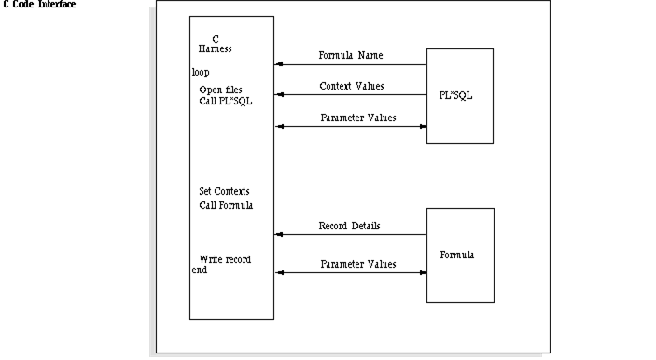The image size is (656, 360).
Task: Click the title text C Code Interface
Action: tap(39, 5)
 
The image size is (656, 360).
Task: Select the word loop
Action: tap(201, 71)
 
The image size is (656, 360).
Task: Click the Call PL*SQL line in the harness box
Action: tap(225, 101)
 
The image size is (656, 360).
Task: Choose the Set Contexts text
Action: tap(224, 191)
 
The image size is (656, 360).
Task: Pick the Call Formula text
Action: tap(226, 204)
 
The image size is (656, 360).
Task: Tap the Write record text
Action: tap(225, 258)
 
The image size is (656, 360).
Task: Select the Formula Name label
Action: tap(351, 55)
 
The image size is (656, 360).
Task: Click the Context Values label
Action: tap(351, 86)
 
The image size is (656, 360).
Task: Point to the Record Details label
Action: tap(349, 226)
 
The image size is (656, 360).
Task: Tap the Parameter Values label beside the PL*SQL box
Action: tap(357, 118)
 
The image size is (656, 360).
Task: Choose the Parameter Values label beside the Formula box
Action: tap(357, 264)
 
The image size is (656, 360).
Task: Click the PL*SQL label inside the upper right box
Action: tap(456, 94)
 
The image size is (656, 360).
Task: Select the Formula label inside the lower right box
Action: tap(457, 254)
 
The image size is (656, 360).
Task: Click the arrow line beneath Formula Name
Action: tap(350, 65)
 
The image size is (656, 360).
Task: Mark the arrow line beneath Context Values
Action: tap(350, 95)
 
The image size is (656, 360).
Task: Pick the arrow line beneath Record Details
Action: tap(350, 235)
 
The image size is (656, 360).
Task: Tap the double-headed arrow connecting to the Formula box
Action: tap(350, 273)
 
